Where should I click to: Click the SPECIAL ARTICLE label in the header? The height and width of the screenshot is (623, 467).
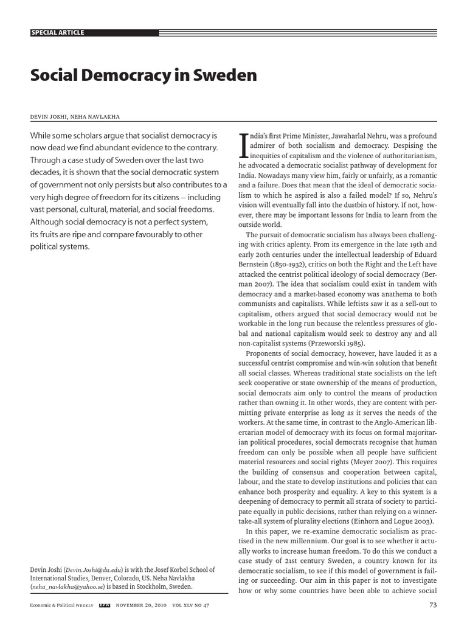(x=58, y=32)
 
